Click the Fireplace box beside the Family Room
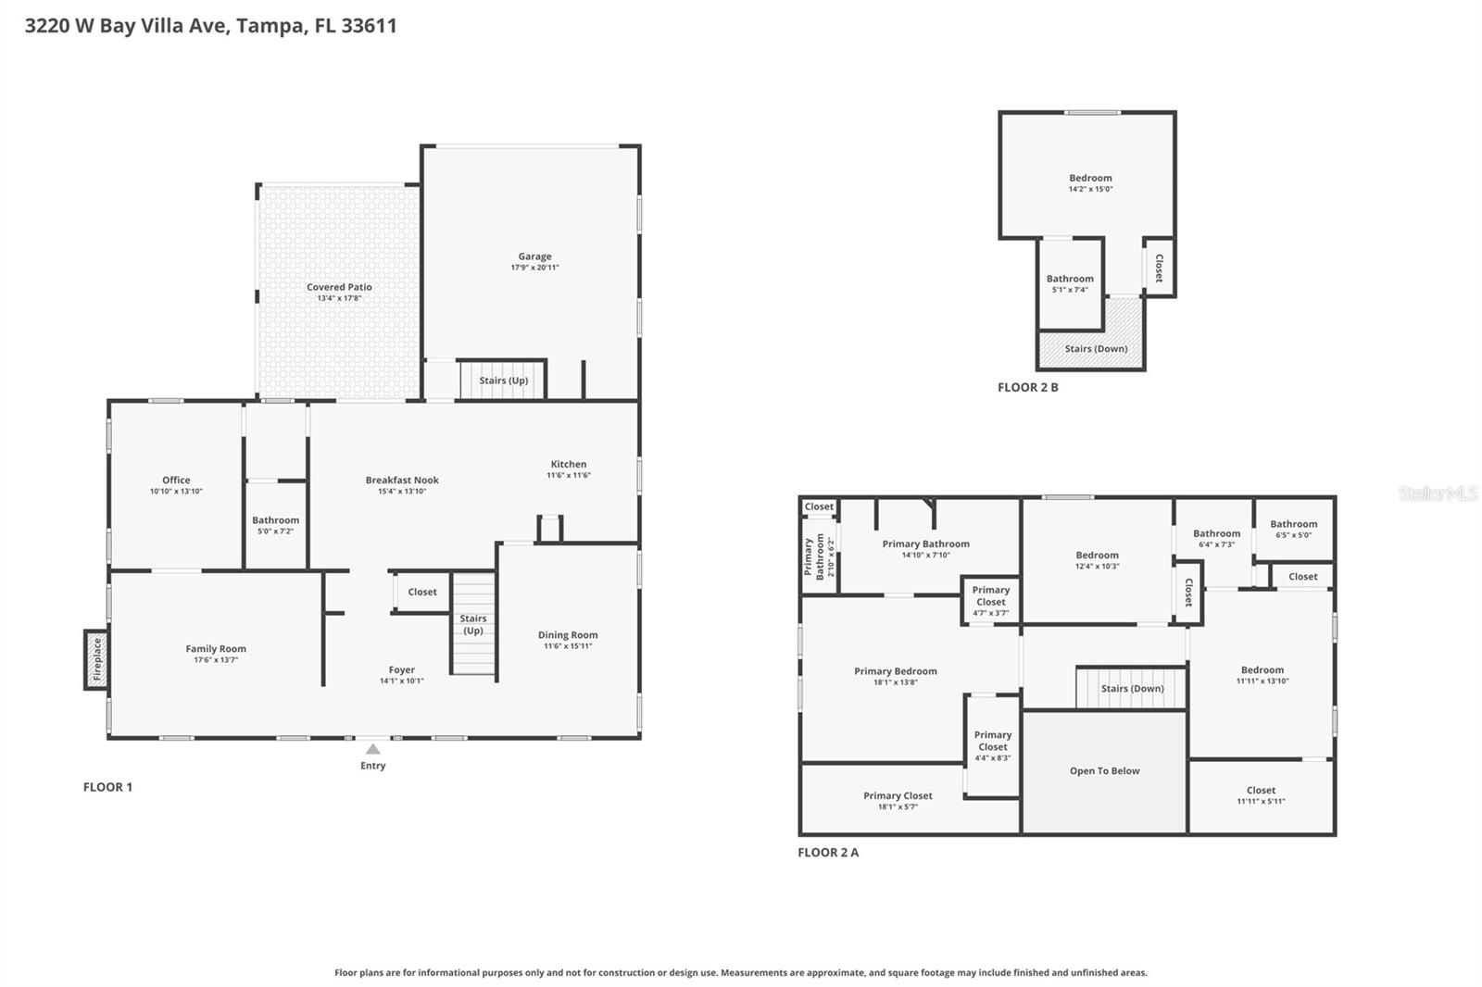point(96,659)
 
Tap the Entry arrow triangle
point(372,749)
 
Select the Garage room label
point(534,256)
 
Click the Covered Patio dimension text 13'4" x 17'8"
point(339,298)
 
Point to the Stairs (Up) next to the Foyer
point(473,624)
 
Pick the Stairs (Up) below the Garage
point(503,380)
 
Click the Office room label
point(176,480)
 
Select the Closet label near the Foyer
point(422,592)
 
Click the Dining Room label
point(568,635)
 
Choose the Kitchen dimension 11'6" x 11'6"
point(569,475)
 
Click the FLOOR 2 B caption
point(1027,387)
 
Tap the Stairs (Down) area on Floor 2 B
point(1096,349)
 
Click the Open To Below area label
point(1104,770)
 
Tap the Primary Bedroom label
point(895,671)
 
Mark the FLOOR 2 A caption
point(828,852)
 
